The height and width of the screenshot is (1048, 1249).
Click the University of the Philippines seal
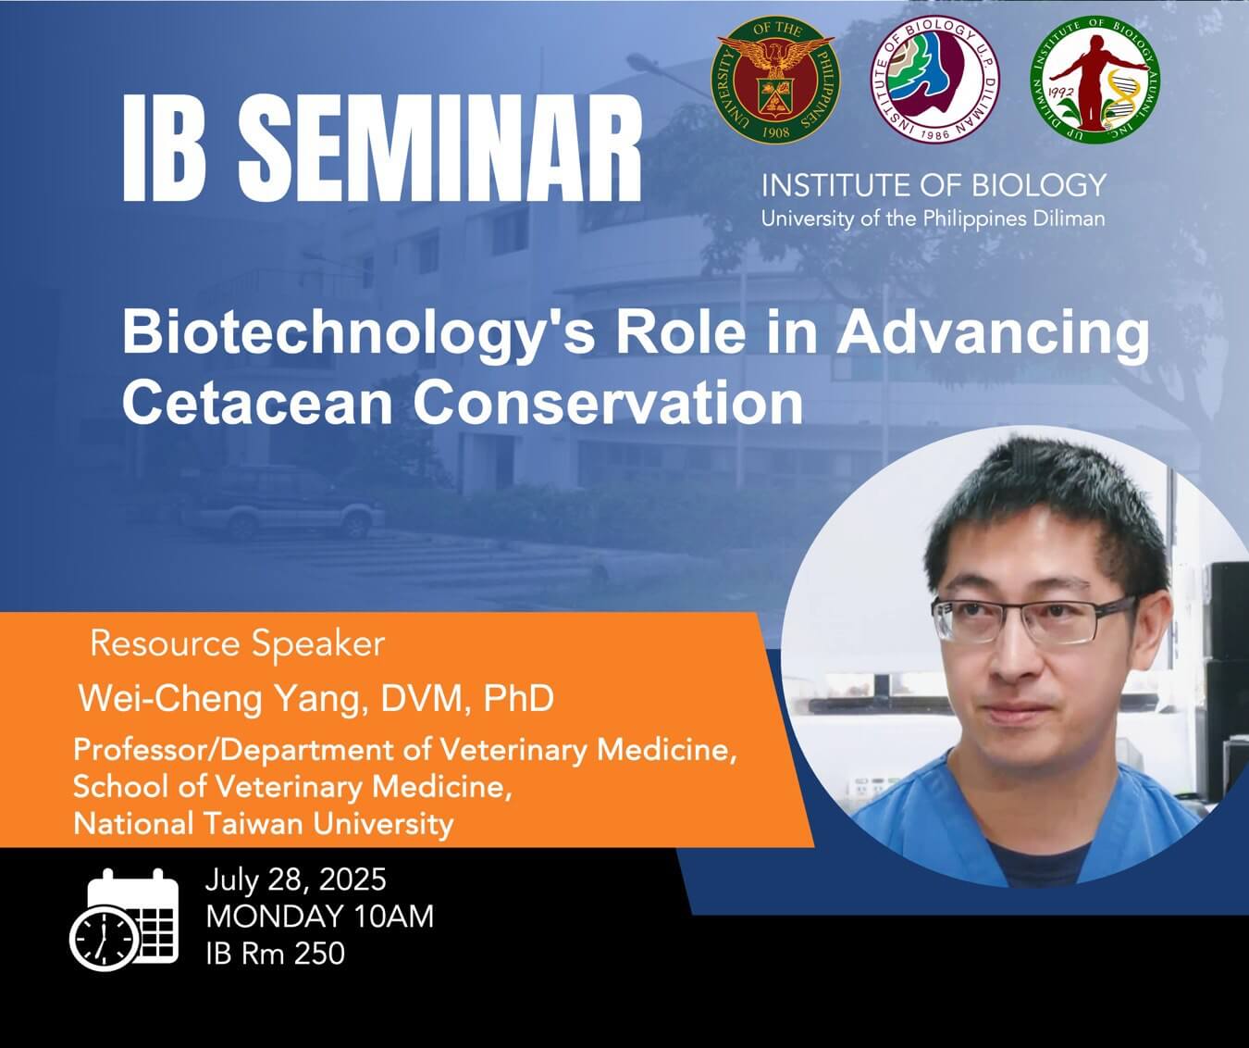[x=775, y=79]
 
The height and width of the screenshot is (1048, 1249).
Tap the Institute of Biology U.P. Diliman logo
[x=935, y=79]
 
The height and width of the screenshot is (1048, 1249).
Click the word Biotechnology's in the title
[x=358, y=333]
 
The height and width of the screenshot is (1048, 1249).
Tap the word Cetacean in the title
[x=257, y=403]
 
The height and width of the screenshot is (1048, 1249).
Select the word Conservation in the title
[x=608, y=403]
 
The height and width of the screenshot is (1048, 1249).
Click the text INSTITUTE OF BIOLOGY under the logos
[x=934, y=185]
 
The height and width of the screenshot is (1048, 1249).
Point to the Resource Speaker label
[x=238, y=644]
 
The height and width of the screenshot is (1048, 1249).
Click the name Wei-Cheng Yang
[x=217, y=698]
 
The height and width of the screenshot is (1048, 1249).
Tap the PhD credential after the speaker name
[x=518, y=698]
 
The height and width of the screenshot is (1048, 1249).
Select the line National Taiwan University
[x=264, y=824]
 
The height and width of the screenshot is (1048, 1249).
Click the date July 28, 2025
[x=295, y=880]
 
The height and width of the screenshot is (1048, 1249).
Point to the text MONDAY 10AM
[x=319, y=917]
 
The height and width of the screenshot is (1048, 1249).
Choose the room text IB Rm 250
[x=275, y=953]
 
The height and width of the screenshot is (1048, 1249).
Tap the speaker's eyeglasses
[x=1033, y=620]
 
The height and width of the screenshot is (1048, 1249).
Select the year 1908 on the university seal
[x=776, y=132]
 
